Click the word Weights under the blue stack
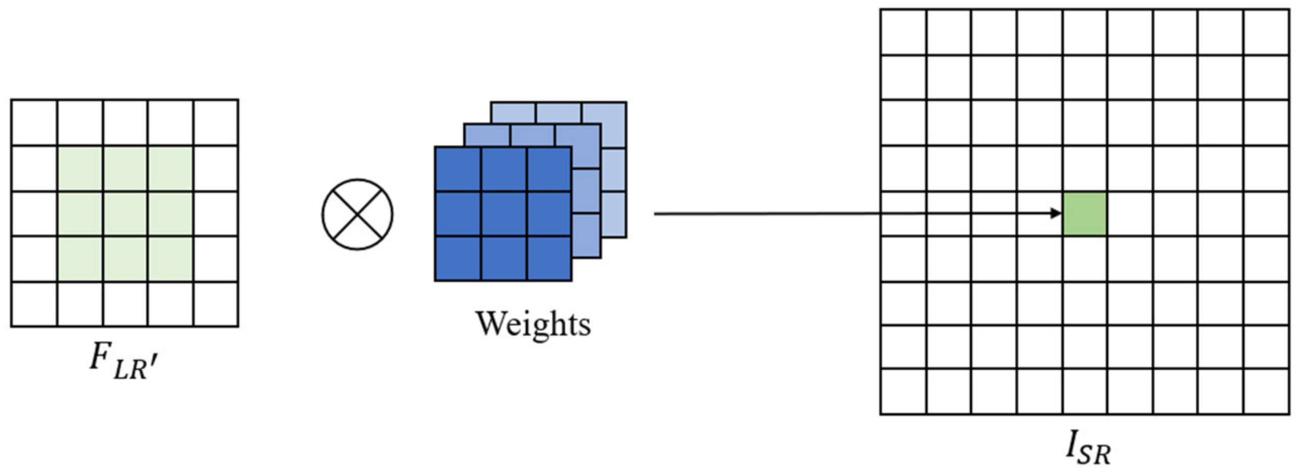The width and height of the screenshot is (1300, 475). [533, 324]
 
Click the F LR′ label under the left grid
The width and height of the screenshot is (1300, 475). [124, 363]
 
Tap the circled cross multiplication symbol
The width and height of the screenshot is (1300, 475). [357, 214]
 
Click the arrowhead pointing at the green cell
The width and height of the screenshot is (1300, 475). [1056, 213]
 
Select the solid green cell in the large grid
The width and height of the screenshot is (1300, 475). [1085, 214]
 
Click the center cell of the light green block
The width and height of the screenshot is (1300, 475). [125, 214]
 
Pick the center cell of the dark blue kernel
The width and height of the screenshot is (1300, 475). [504, 214]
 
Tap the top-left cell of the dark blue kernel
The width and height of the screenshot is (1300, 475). [458, 169]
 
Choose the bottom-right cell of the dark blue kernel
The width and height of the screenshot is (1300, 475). [549, 258]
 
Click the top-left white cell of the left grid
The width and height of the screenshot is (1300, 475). [34, 123]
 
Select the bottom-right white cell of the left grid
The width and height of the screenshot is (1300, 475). [216, 304]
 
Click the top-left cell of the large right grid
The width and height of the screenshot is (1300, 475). [903, 32]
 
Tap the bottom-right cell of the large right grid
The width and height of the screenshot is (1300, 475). [1266, 391]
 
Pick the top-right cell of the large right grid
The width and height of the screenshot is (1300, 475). [1266, 32]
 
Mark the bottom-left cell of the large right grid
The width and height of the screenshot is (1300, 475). [903, 391]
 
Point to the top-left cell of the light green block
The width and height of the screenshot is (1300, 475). [80, 169]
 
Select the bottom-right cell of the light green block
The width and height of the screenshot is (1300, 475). [171, 258]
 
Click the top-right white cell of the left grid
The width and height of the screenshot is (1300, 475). [216, 123]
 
